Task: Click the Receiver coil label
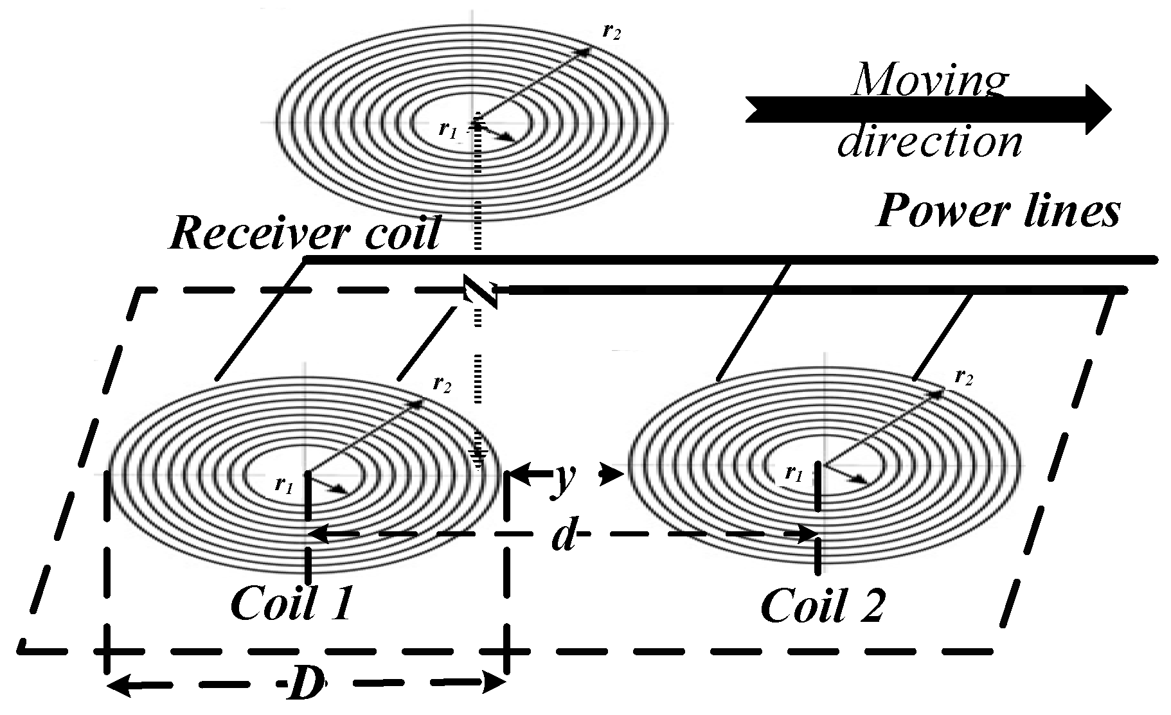click(x=305, y=233)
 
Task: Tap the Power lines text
click(x=998, y=211)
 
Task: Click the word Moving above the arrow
click(x=930, y=80)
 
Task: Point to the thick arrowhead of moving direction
click(x=1096, y=110)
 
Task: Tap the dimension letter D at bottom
click(x=305, y=685)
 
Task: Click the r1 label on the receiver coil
click(x=447, y=129)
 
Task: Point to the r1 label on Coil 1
click(x=284, y=483)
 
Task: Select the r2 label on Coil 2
click(x=963, y=376)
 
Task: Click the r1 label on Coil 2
click(x=794, y=474)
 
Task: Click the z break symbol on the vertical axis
click(x=481, y=293)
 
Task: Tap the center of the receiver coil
click(x=476, y=121)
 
